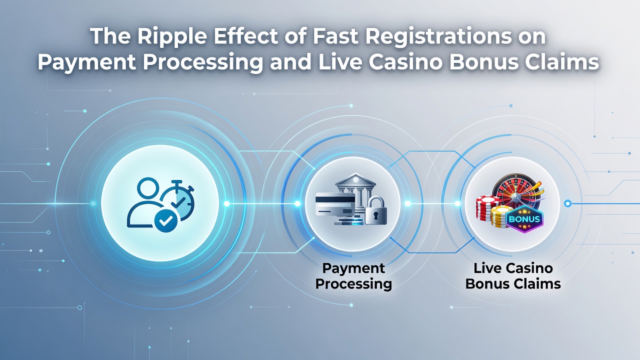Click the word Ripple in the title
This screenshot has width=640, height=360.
[x=172, y=37]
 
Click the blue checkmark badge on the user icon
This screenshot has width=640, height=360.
[x=165, y=220]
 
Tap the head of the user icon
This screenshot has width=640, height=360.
[x=148, y=188]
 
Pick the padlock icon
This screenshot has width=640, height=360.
[x=375, y=210]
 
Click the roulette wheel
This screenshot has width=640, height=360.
[x=517, y=191]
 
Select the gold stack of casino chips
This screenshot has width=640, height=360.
[x=500, y=217]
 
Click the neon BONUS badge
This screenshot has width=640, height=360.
[x=524, y=219]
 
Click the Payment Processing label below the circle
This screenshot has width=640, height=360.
[x=353, y=276]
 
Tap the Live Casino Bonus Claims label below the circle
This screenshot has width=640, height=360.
[x=513, y=276]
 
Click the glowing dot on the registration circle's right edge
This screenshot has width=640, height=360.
[x=226, y=203]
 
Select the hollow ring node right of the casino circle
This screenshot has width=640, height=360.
[x=567, y=203]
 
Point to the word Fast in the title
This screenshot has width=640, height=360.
[x=335, y=36]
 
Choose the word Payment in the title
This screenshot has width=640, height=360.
[x=86, y=63]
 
